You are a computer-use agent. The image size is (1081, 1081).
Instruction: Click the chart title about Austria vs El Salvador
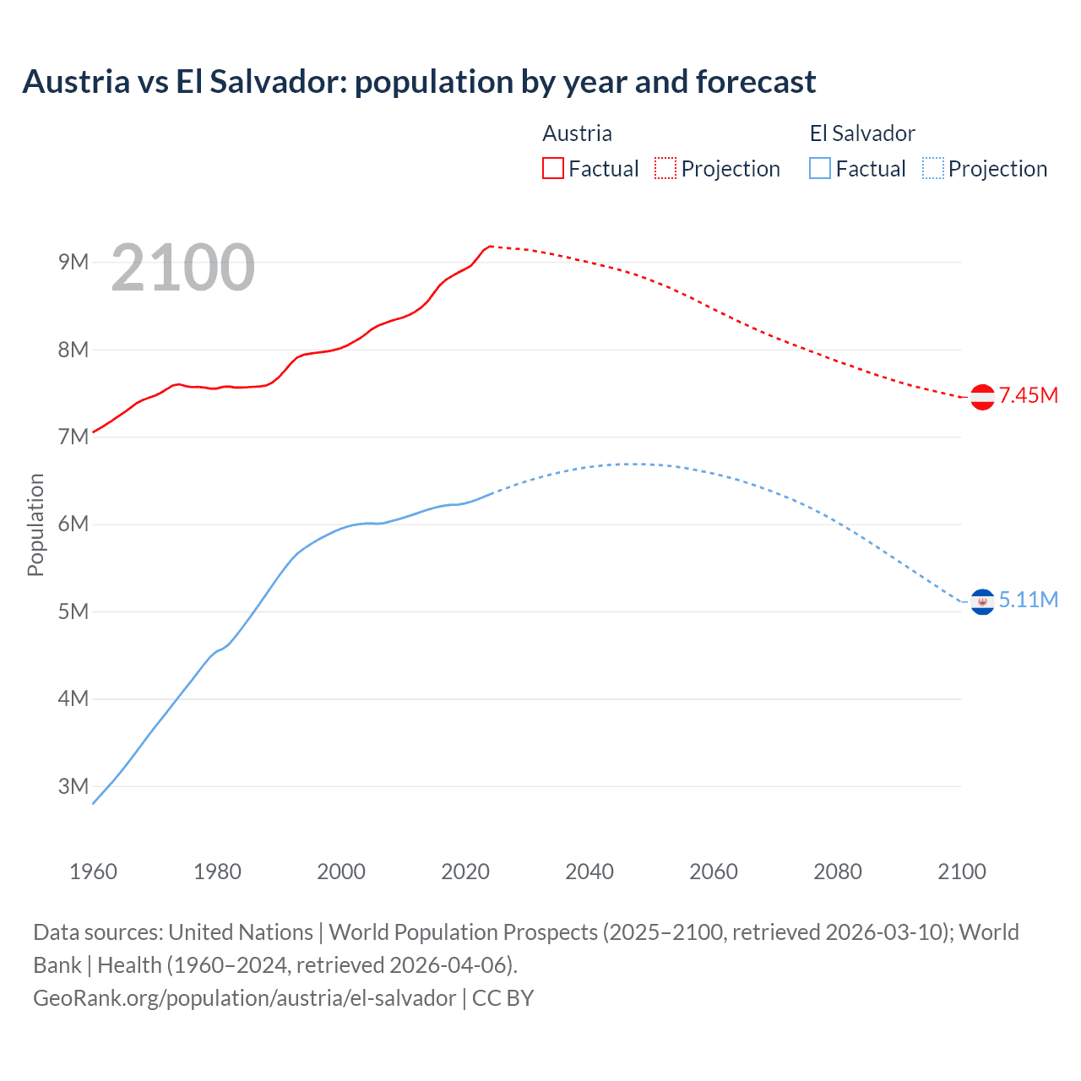(419, 82)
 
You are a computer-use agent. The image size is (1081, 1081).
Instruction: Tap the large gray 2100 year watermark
(182, 268)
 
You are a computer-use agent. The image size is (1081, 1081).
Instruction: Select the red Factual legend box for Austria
(553, 168)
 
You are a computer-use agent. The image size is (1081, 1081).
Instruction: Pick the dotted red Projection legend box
(665, 168)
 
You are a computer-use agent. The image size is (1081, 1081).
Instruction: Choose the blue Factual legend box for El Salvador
(820, 168)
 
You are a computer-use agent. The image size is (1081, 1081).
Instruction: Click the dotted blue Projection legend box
(932, 168)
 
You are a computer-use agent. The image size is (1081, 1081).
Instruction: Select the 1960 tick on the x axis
(93, 872)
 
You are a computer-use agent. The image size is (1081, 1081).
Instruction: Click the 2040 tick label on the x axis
(589, 872)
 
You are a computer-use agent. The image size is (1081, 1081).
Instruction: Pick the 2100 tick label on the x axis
(961, 872)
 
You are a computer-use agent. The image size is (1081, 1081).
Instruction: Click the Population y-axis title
(35, 524)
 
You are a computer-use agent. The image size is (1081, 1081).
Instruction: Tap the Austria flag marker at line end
(982, 397)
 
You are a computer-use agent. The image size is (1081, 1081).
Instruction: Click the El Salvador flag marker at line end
(982, 601)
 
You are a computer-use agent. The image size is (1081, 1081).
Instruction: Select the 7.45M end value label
(1028, 395)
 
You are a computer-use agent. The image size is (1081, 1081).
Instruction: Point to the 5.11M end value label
(1028, 600)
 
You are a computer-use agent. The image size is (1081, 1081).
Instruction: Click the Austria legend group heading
(577, 133)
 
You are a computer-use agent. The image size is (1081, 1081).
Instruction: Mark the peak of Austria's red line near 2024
(491, 247)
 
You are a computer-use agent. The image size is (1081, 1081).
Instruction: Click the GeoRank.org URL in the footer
(244, 998)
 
